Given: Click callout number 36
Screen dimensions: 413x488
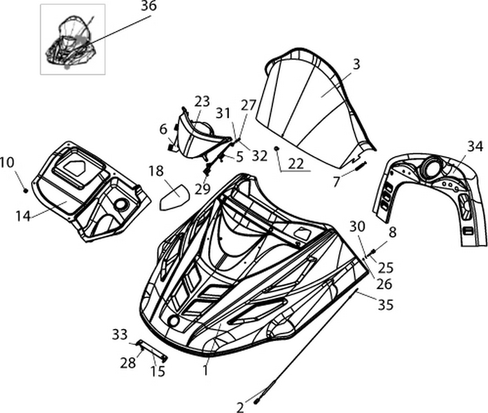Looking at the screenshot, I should (x=148, y=7).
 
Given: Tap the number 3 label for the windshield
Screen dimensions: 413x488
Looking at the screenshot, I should (x=356, y=65).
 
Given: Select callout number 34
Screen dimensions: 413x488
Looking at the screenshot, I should (x=474, y=146).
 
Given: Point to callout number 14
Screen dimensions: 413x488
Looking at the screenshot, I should (x=23, y=215).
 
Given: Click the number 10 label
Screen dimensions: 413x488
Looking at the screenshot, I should (x=7, y=162).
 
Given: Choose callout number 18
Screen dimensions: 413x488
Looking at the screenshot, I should (x=156, y=171).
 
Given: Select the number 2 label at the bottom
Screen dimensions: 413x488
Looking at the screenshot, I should (x=240, y=407).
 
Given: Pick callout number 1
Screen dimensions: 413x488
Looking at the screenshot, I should (x=204, y=370).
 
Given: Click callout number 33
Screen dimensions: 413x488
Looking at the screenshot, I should (x=119, y=335).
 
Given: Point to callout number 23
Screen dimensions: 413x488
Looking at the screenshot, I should (x=202, y=101).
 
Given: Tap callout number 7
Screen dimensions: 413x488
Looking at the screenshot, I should (x=336, y=182).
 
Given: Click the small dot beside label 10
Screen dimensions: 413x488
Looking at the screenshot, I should (x=25, y=190).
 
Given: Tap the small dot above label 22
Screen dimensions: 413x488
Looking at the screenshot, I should (x=276, y=149).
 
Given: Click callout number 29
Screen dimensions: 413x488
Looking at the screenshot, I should (x=202, y=189).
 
